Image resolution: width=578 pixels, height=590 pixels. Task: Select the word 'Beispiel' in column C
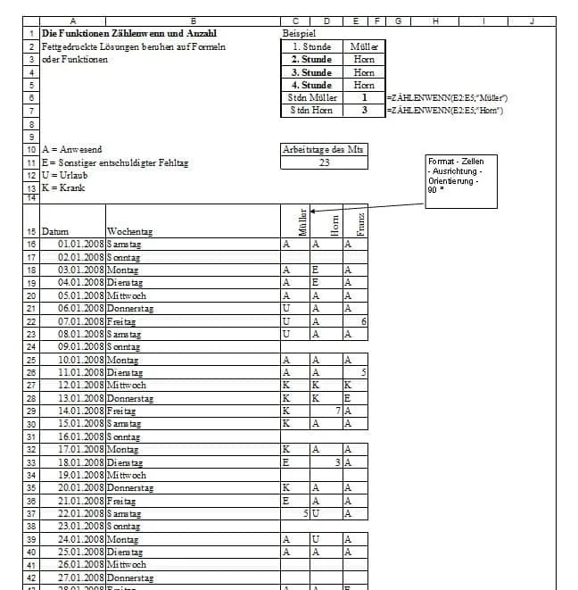[x=298, y=33]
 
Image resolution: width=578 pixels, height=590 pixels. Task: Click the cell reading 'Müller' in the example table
[x=363, y=46]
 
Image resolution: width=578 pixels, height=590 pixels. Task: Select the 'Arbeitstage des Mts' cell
[x=323, y=150]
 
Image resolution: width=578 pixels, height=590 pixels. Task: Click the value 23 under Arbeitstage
[x=324, y=162]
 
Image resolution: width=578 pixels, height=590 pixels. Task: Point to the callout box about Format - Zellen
[x=461, y=180]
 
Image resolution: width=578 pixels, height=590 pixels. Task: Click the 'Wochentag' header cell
[x=129, y=232]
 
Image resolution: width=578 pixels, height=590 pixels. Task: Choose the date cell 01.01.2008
[x=81, y=244]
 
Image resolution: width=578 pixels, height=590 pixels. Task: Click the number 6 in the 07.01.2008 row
[x=364, y=320]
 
